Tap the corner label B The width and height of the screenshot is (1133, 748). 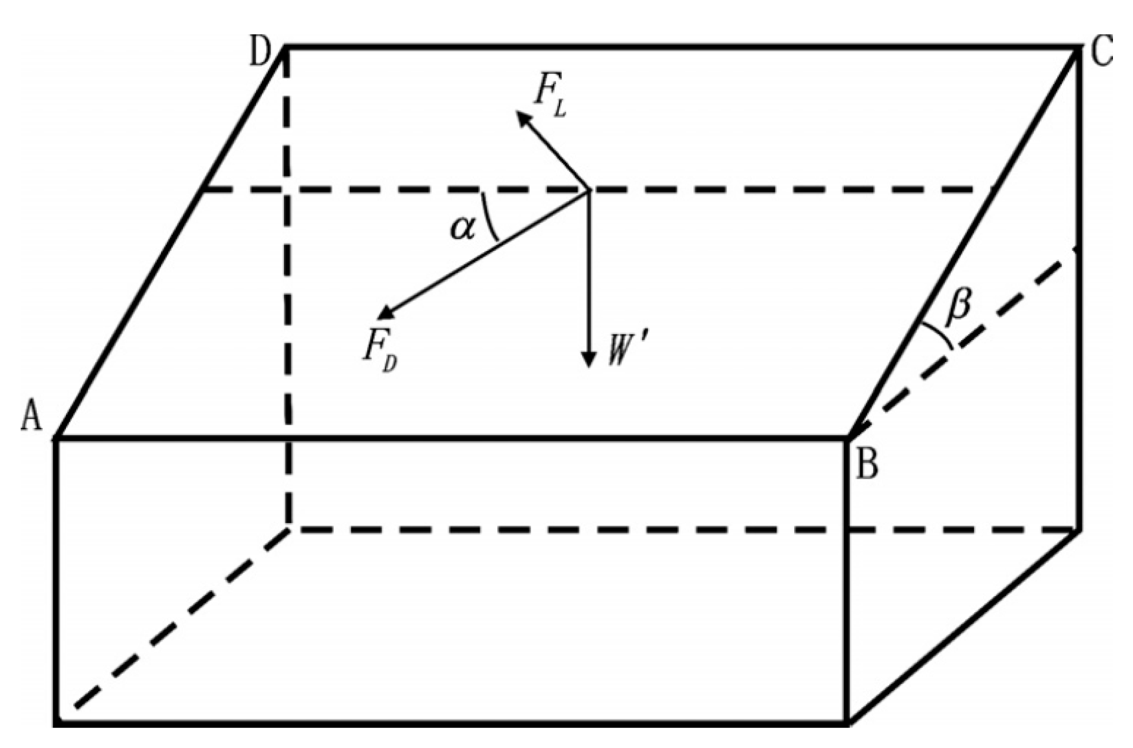point(867,465)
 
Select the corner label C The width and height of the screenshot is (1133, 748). point(1101,52)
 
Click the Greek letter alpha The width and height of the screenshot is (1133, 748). point(463,228)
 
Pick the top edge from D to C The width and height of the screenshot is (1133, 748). point(679,47)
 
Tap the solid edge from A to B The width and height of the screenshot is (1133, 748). point(453,439)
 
